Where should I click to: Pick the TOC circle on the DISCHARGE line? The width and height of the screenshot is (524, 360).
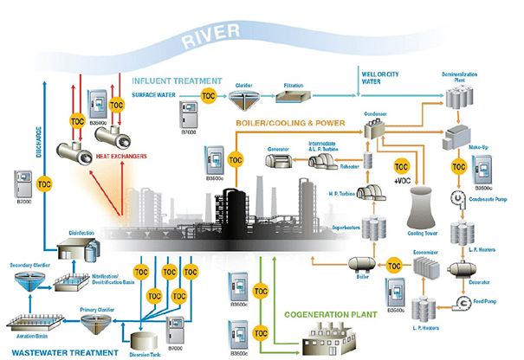pos(44,184)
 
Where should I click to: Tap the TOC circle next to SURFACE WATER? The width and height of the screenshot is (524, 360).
pos(208,94)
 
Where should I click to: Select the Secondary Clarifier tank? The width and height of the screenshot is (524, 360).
pos(30,281)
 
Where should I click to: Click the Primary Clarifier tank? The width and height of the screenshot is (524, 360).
pos(99,322)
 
